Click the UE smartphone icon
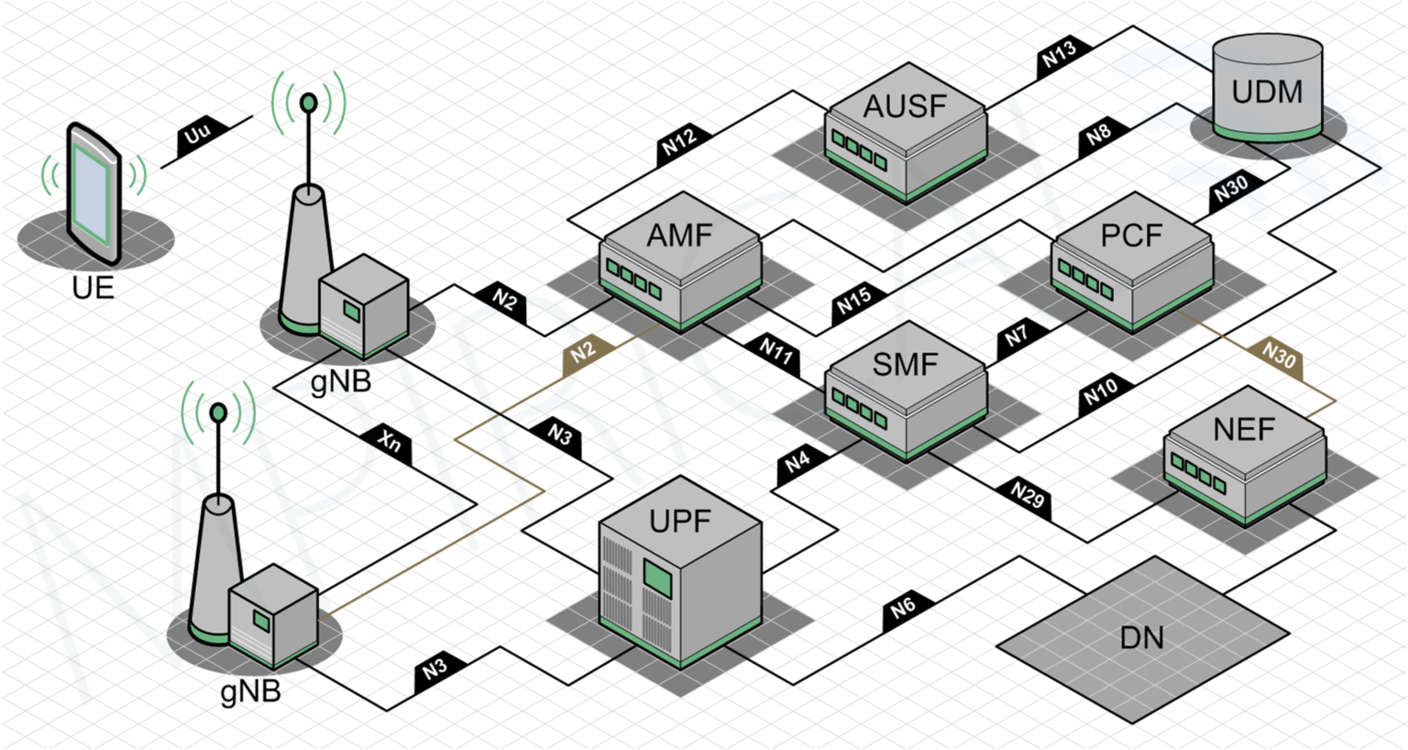pos(93,194)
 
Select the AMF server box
pos(680,260)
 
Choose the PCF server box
pos(1132,260)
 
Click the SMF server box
pos(906,390)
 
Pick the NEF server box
pos(1244,455)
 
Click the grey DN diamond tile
pos(1143,634)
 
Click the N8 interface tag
pos(1099,135)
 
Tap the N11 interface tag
pos(775,352)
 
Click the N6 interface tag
pos(905,608)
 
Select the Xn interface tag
pos(390,442)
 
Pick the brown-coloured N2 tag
pos(584,353)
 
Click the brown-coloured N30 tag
pos(1280,356)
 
